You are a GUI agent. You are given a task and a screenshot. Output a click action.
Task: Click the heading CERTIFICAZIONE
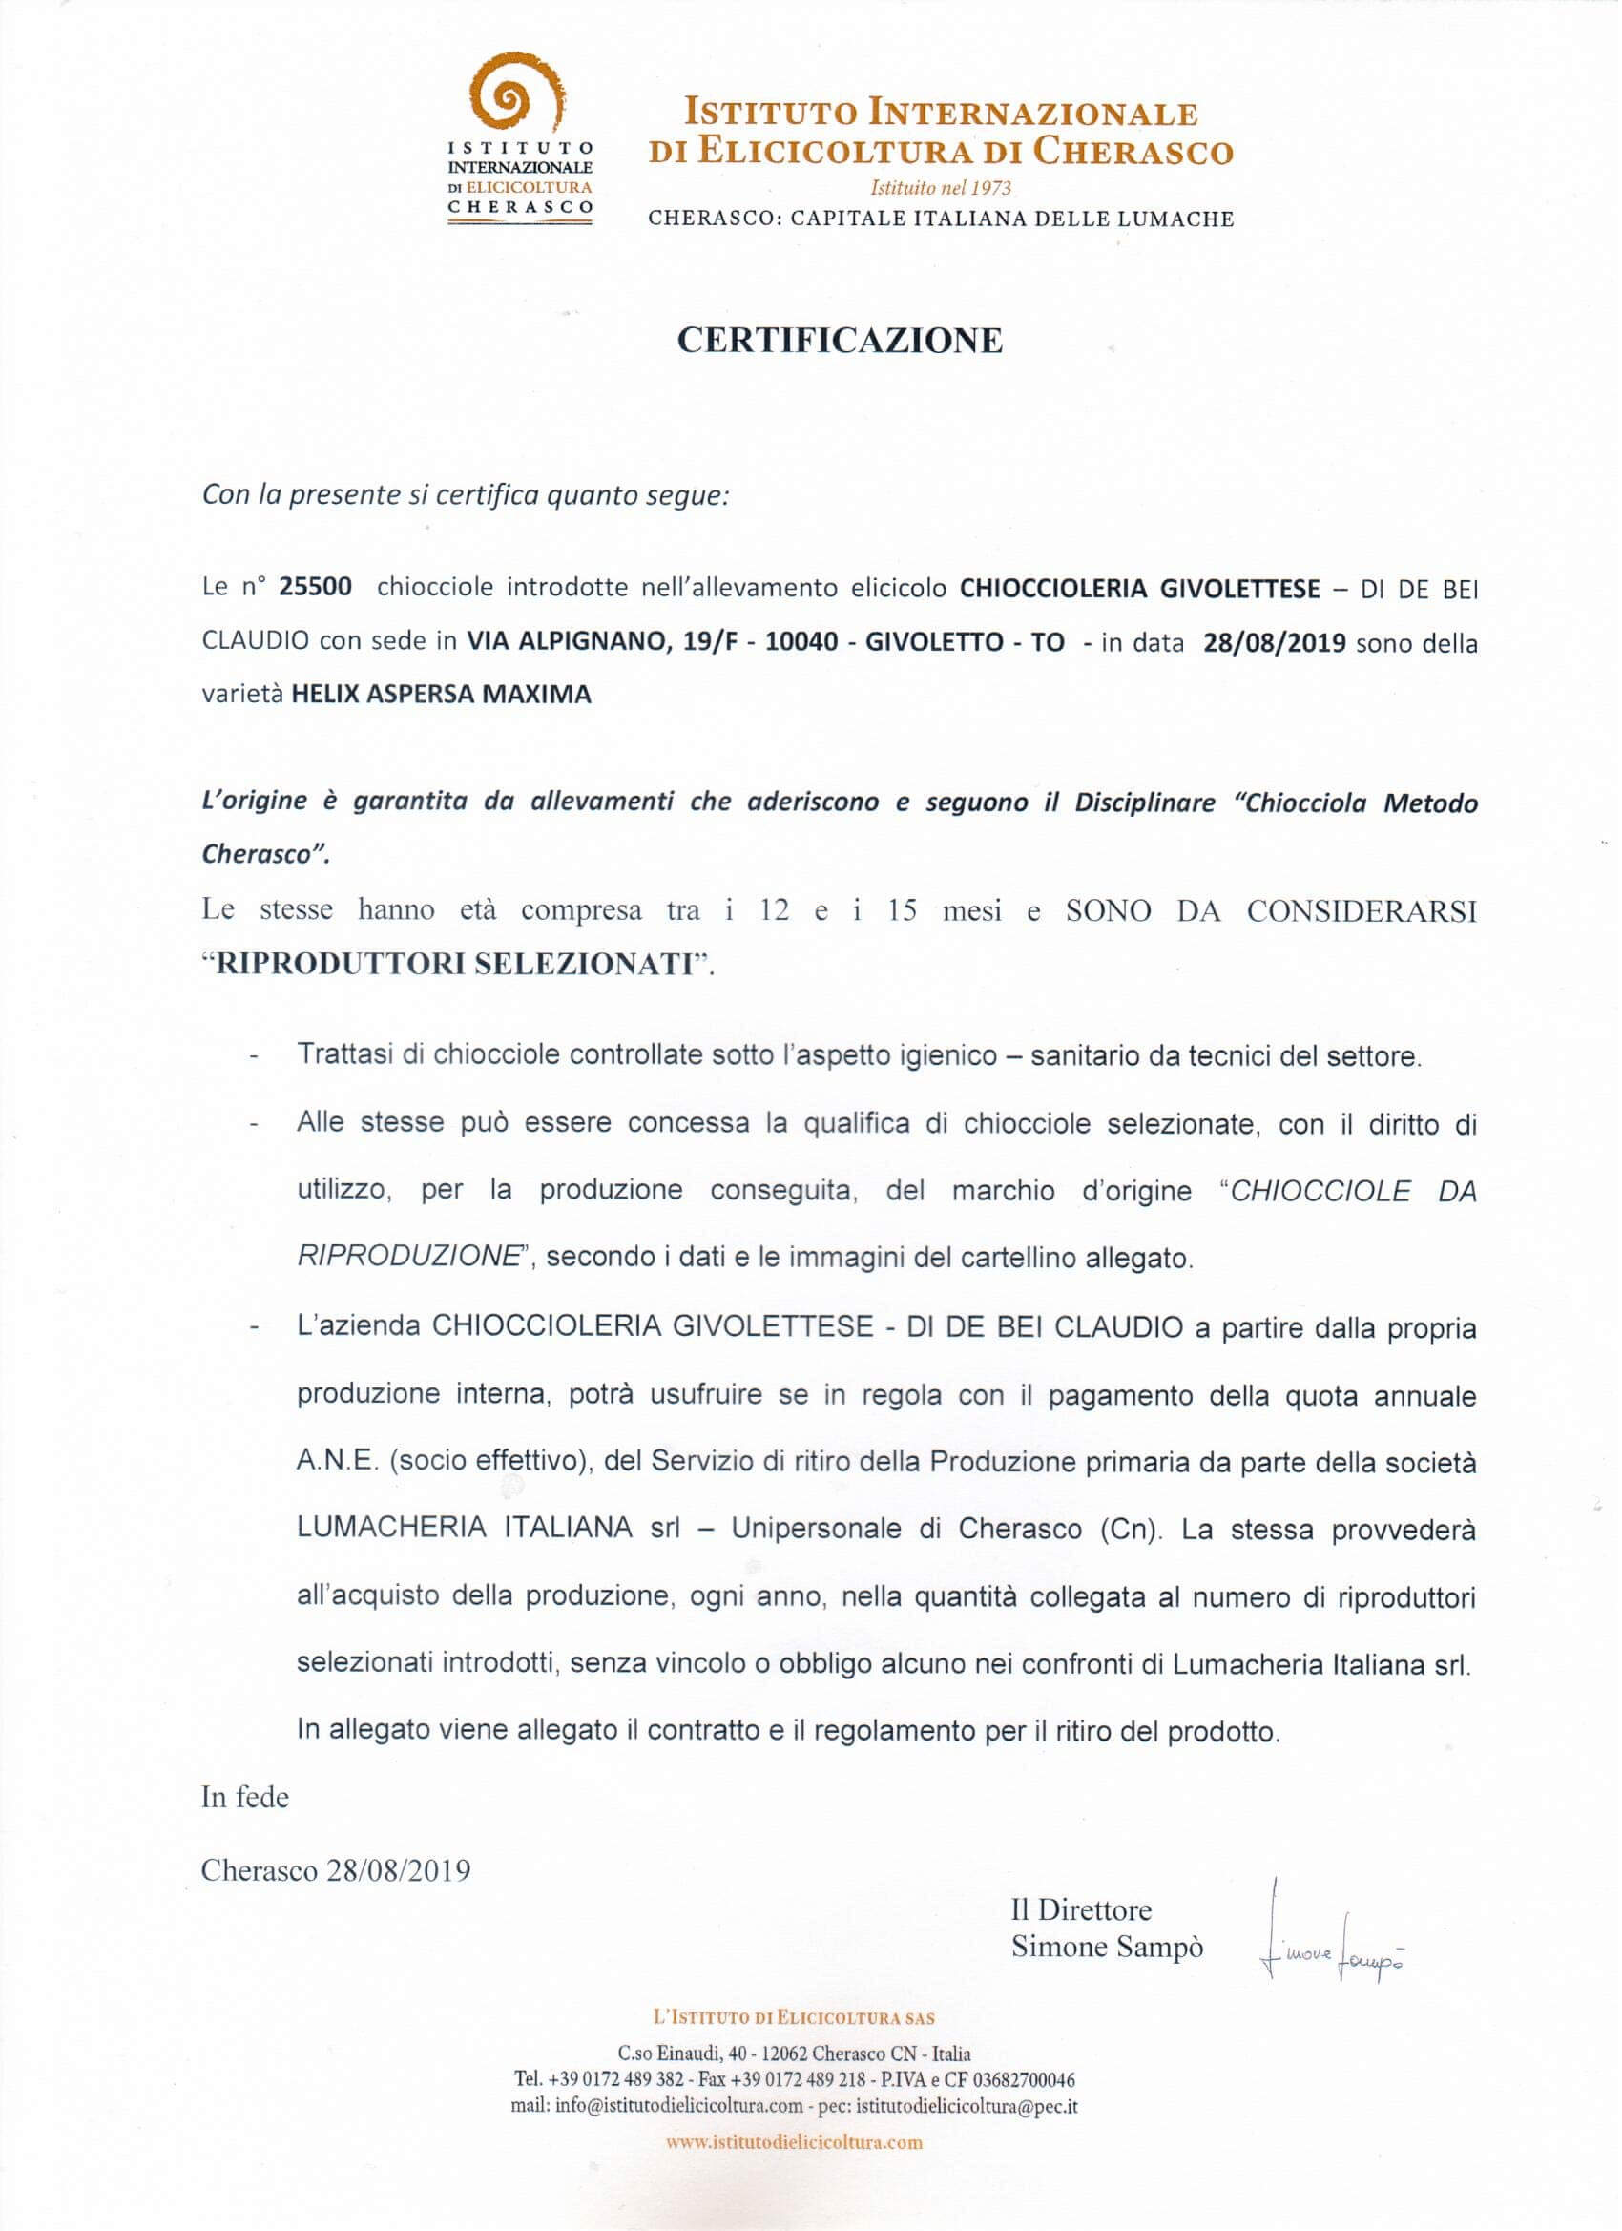[839, 341]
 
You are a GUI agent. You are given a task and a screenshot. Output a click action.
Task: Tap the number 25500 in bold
[316, 587]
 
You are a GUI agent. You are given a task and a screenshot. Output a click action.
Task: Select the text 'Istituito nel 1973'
[941, 187]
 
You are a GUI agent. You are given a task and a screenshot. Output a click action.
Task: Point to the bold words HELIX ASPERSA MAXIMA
[442, 695]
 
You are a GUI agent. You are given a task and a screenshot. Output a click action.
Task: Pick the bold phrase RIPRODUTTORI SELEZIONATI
[455, 963]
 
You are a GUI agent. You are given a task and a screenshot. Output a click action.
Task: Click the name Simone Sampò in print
[1107, 1948]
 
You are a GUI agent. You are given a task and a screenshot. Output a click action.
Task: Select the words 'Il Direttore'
[1080, 1910]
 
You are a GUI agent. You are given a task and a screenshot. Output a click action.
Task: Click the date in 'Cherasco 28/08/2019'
[400, 1870]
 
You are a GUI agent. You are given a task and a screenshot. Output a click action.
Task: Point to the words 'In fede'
[245, 1797]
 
